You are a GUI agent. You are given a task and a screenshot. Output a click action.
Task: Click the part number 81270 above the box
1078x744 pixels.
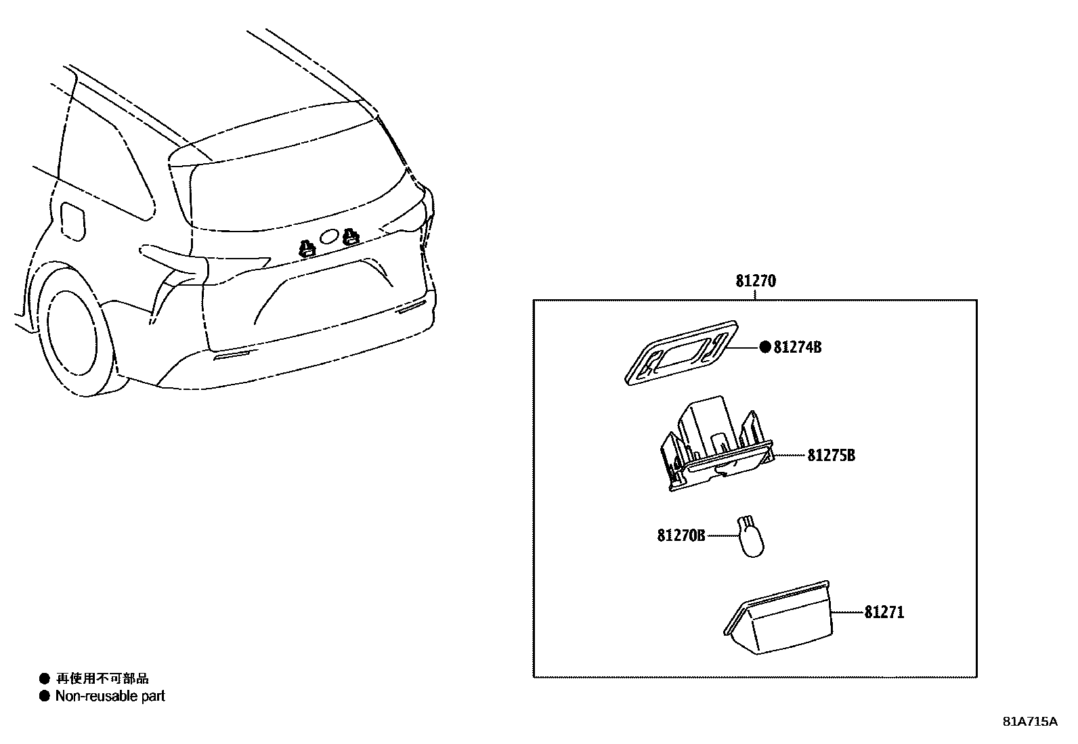(x=756, y=281)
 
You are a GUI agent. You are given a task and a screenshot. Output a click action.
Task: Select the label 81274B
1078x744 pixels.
(x=798, y=347)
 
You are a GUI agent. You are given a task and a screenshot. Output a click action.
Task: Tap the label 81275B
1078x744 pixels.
(x=831, y=455)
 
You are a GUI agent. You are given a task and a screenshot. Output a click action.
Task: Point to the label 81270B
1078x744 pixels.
(x=681, y=535)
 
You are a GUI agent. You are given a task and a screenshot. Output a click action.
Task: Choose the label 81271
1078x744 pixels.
(x=884, y=613)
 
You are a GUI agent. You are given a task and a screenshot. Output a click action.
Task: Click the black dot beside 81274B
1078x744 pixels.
(x=765, y=347)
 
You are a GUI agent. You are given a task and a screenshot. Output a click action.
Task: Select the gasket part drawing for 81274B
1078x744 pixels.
(x=681, y=353)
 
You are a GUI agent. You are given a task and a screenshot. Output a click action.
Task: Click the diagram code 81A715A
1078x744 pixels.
(x=1029, y=722)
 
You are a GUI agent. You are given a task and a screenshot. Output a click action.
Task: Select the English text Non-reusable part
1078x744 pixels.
(x=110, y=696)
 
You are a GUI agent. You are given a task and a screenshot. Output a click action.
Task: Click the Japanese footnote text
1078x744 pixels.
(x=102, y=678)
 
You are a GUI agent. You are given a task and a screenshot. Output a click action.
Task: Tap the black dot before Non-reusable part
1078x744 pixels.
(x=45, y=696)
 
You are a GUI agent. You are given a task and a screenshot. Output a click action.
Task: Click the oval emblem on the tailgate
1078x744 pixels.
(x=329, y=236)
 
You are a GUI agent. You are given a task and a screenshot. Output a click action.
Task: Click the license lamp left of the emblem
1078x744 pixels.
(x=307, y=248)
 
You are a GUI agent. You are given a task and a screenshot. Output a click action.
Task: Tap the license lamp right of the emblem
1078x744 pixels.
(x=350, y=236)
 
